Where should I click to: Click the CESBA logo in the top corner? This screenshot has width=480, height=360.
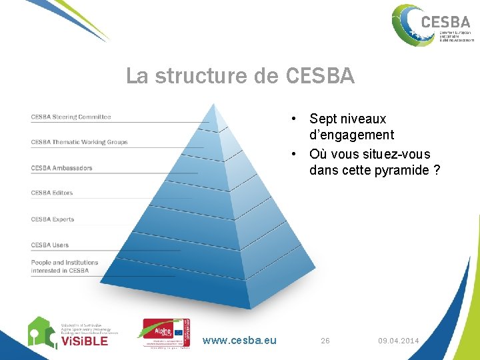click(x=431, y=25)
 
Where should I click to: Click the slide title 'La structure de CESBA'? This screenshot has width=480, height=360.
click(x=240, y=77)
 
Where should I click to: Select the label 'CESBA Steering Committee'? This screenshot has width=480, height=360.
click(x=71, y=117)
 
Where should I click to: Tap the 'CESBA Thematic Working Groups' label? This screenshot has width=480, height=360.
click(x=79, y=142)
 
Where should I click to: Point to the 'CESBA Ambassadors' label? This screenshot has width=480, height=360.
click(x=61, y=168)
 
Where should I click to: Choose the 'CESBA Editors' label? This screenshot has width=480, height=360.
click(x=51, y=193)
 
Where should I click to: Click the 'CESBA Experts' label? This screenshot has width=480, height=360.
click(x=52, y=219)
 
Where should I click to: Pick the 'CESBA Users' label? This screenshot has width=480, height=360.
click(x=49, y=245)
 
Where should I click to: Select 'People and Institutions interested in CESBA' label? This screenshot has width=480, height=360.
click(x=64, y=267)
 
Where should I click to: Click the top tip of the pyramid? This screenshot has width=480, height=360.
click(x=212, y=107)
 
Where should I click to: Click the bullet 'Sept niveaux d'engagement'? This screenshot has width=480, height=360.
click(x=351, y=127)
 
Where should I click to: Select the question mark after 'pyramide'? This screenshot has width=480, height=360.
click(x=436, y=170)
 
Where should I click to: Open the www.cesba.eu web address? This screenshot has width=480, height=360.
click(x=239, y=341)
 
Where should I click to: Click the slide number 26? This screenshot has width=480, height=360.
click(x=325, y=341)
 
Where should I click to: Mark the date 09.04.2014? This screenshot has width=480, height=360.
click(x=398, y=341)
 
